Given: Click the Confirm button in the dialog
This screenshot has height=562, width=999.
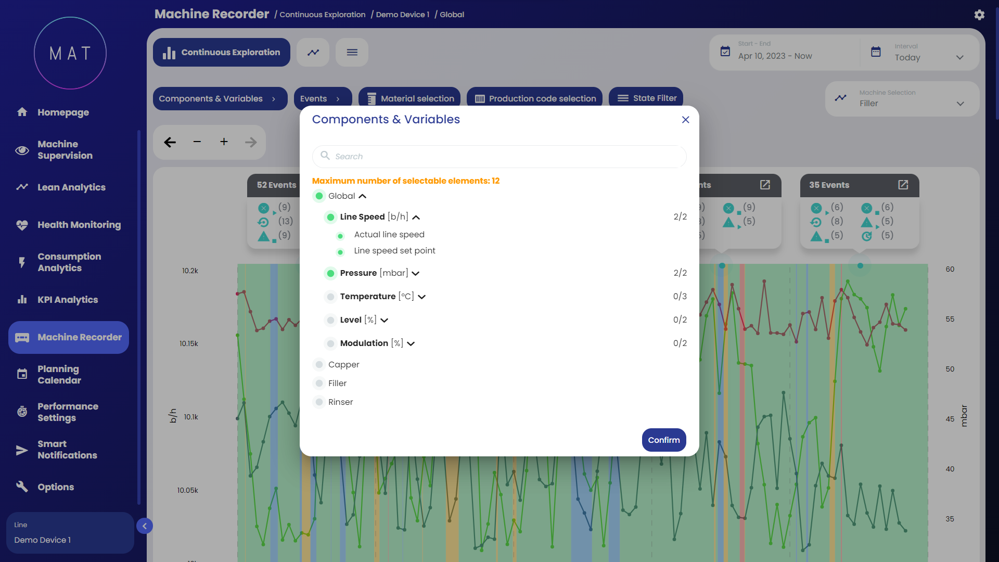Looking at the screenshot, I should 663,440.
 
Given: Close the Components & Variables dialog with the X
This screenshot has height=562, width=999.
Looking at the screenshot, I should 685,120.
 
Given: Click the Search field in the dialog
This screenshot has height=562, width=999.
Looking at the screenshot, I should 499,157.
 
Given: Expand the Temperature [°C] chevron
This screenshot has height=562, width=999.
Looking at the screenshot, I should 422,297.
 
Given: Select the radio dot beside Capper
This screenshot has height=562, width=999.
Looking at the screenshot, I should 319,365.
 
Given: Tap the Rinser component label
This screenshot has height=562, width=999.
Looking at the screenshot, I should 340,402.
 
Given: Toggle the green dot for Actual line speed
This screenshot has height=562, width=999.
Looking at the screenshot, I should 340,236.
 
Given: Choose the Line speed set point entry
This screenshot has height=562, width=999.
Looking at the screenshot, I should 394,251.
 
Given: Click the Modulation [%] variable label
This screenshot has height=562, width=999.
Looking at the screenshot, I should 371,343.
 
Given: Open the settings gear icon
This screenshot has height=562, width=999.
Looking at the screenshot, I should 979,15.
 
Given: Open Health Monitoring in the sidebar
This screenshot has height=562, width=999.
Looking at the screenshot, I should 79,225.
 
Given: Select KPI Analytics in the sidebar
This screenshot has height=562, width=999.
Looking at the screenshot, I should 68,300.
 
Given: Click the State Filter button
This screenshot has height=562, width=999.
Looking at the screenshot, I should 646,98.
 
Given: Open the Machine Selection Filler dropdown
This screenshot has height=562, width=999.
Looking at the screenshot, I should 902,99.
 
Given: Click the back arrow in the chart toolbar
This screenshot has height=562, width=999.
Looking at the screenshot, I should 170,142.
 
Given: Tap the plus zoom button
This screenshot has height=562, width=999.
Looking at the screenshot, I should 224,142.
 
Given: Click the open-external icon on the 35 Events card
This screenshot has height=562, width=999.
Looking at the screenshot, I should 903,185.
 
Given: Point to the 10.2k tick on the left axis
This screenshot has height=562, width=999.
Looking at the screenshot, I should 190,271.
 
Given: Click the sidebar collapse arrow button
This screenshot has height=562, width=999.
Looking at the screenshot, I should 145,526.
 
